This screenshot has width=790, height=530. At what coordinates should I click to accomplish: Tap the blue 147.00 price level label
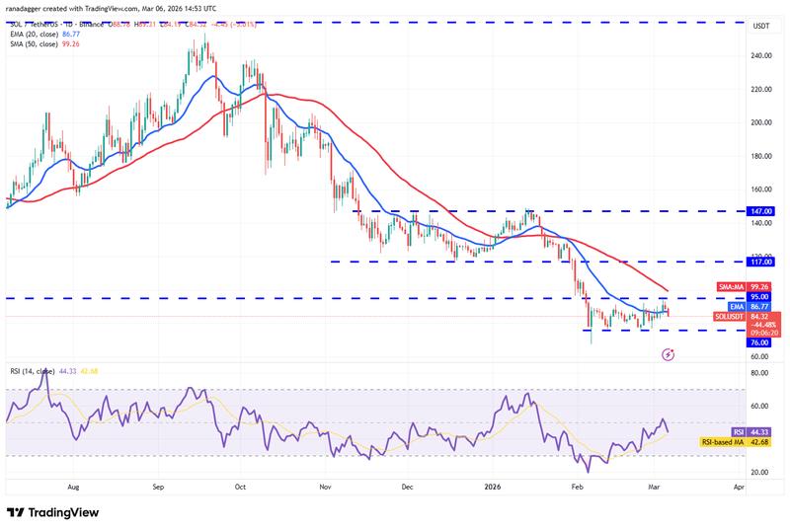tap(761, 211)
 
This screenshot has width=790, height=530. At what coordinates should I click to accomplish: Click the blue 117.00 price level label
tap(761, 262)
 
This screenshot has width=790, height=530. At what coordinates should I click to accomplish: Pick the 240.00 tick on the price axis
tap(761, 55)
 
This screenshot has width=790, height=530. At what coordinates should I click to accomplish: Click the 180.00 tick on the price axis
tap(761, 156)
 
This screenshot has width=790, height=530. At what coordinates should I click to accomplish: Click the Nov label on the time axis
tap(326, 488)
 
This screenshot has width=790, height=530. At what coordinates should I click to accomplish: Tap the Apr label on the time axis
tap(739, 488)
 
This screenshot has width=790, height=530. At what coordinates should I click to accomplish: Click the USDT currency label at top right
tap(762, 27)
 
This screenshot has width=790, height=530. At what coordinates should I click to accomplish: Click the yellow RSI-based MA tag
tap(725, 441)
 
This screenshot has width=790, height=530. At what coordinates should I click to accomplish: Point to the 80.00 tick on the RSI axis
tap(761, 373)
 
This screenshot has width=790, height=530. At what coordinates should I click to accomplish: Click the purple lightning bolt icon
tap(669, 352)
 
